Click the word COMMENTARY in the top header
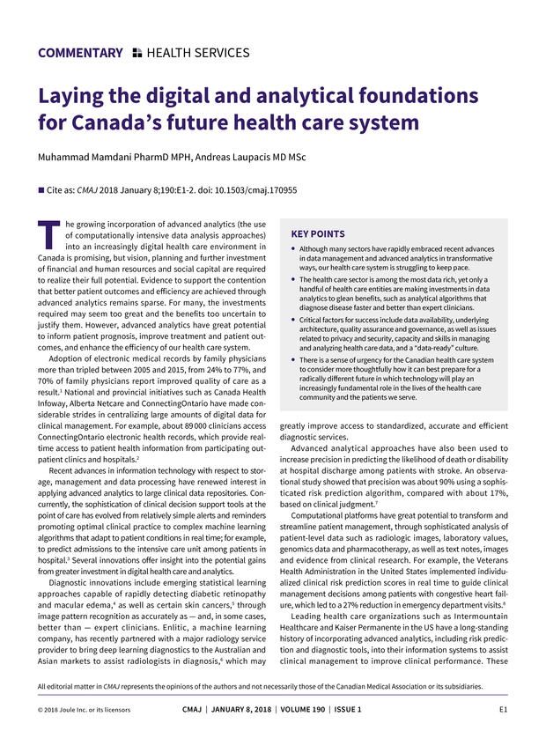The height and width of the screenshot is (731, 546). pyautogui.click(x=80, y=53)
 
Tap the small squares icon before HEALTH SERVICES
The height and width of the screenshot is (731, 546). pyautogui.click(x=136, y=53)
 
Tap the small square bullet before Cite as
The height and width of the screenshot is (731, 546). pyautogui.click(x=41, y=189)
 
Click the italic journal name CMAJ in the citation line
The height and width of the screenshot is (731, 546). pyautogui.click(x=90, y=189)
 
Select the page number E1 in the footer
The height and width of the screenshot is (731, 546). pyautogui.click(x=503, y=709)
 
